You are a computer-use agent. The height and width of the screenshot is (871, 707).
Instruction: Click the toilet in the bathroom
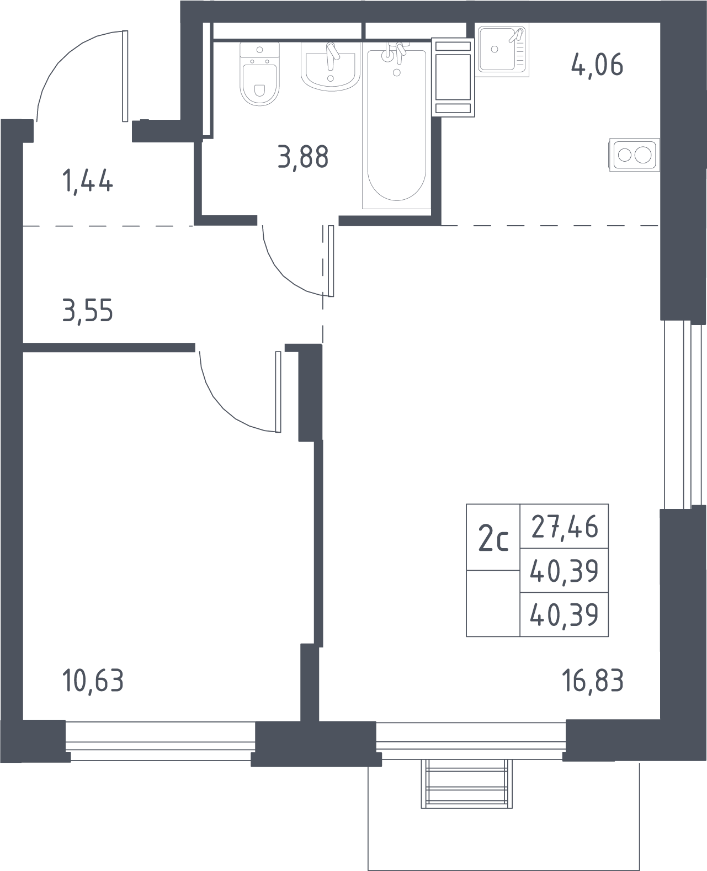pyautogui.click(x=259, y=73)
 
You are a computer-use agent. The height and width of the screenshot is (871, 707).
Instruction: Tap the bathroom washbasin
pyautogui.click(x=331, y=67)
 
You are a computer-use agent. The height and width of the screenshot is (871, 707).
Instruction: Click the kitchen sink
pyautogui.click(x=503, y=50)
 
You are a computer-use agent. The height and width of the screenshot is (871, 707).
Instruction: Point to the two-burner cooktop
pyautogui.click(x=634, y=155)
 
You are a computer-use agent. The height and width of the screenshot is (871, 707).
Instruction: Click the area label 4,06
pyautogui.click(x=597, y=66)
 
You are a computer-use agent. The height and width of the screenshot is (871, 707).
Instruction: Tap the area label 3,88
pyautogui.click(x=303, y=157)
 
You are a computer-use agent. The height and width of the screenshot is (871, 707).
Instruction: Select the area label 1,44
pyautogui.click(x=88, y=182)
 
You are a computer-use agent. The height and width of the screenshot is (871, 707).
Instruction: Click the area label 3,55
pyautogui.click(x=88, y=311)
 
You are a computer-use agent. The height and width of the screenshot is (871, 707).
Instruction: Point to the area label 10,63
pyautogui.click(x=93, y=681)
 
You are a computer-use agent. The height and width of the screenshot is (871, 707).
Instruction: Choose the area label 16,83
pyautogui.click(x=593, y=681)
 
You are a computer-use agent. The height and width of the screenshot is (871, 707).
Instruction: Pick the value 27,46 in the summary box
pyautogui.click(x=565, y=527)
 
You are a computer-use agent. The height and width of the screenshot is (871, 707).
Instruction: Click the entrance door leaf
pyautogui.click(x=125, y=76)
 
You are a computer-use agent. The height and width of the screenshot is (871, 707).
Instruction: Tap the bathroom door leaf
pyautogui.click(x=331, y=261)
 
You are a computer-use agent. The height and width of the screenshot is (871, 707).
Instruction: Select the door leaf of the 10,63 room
pyautogui.click(x=278, y=392)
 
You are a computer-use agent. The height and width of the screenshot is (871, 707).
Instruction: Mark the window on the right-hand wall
pyautogui.click(x=683, y=415)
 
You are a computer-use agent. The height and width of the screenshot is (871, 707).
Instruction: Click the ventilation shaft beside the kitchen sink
pyautogui.click(x=453, y=78)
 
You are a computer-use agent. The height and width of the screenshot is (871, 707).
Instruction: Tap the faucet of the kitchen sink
pyautogui.click(x=516, y=35)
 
